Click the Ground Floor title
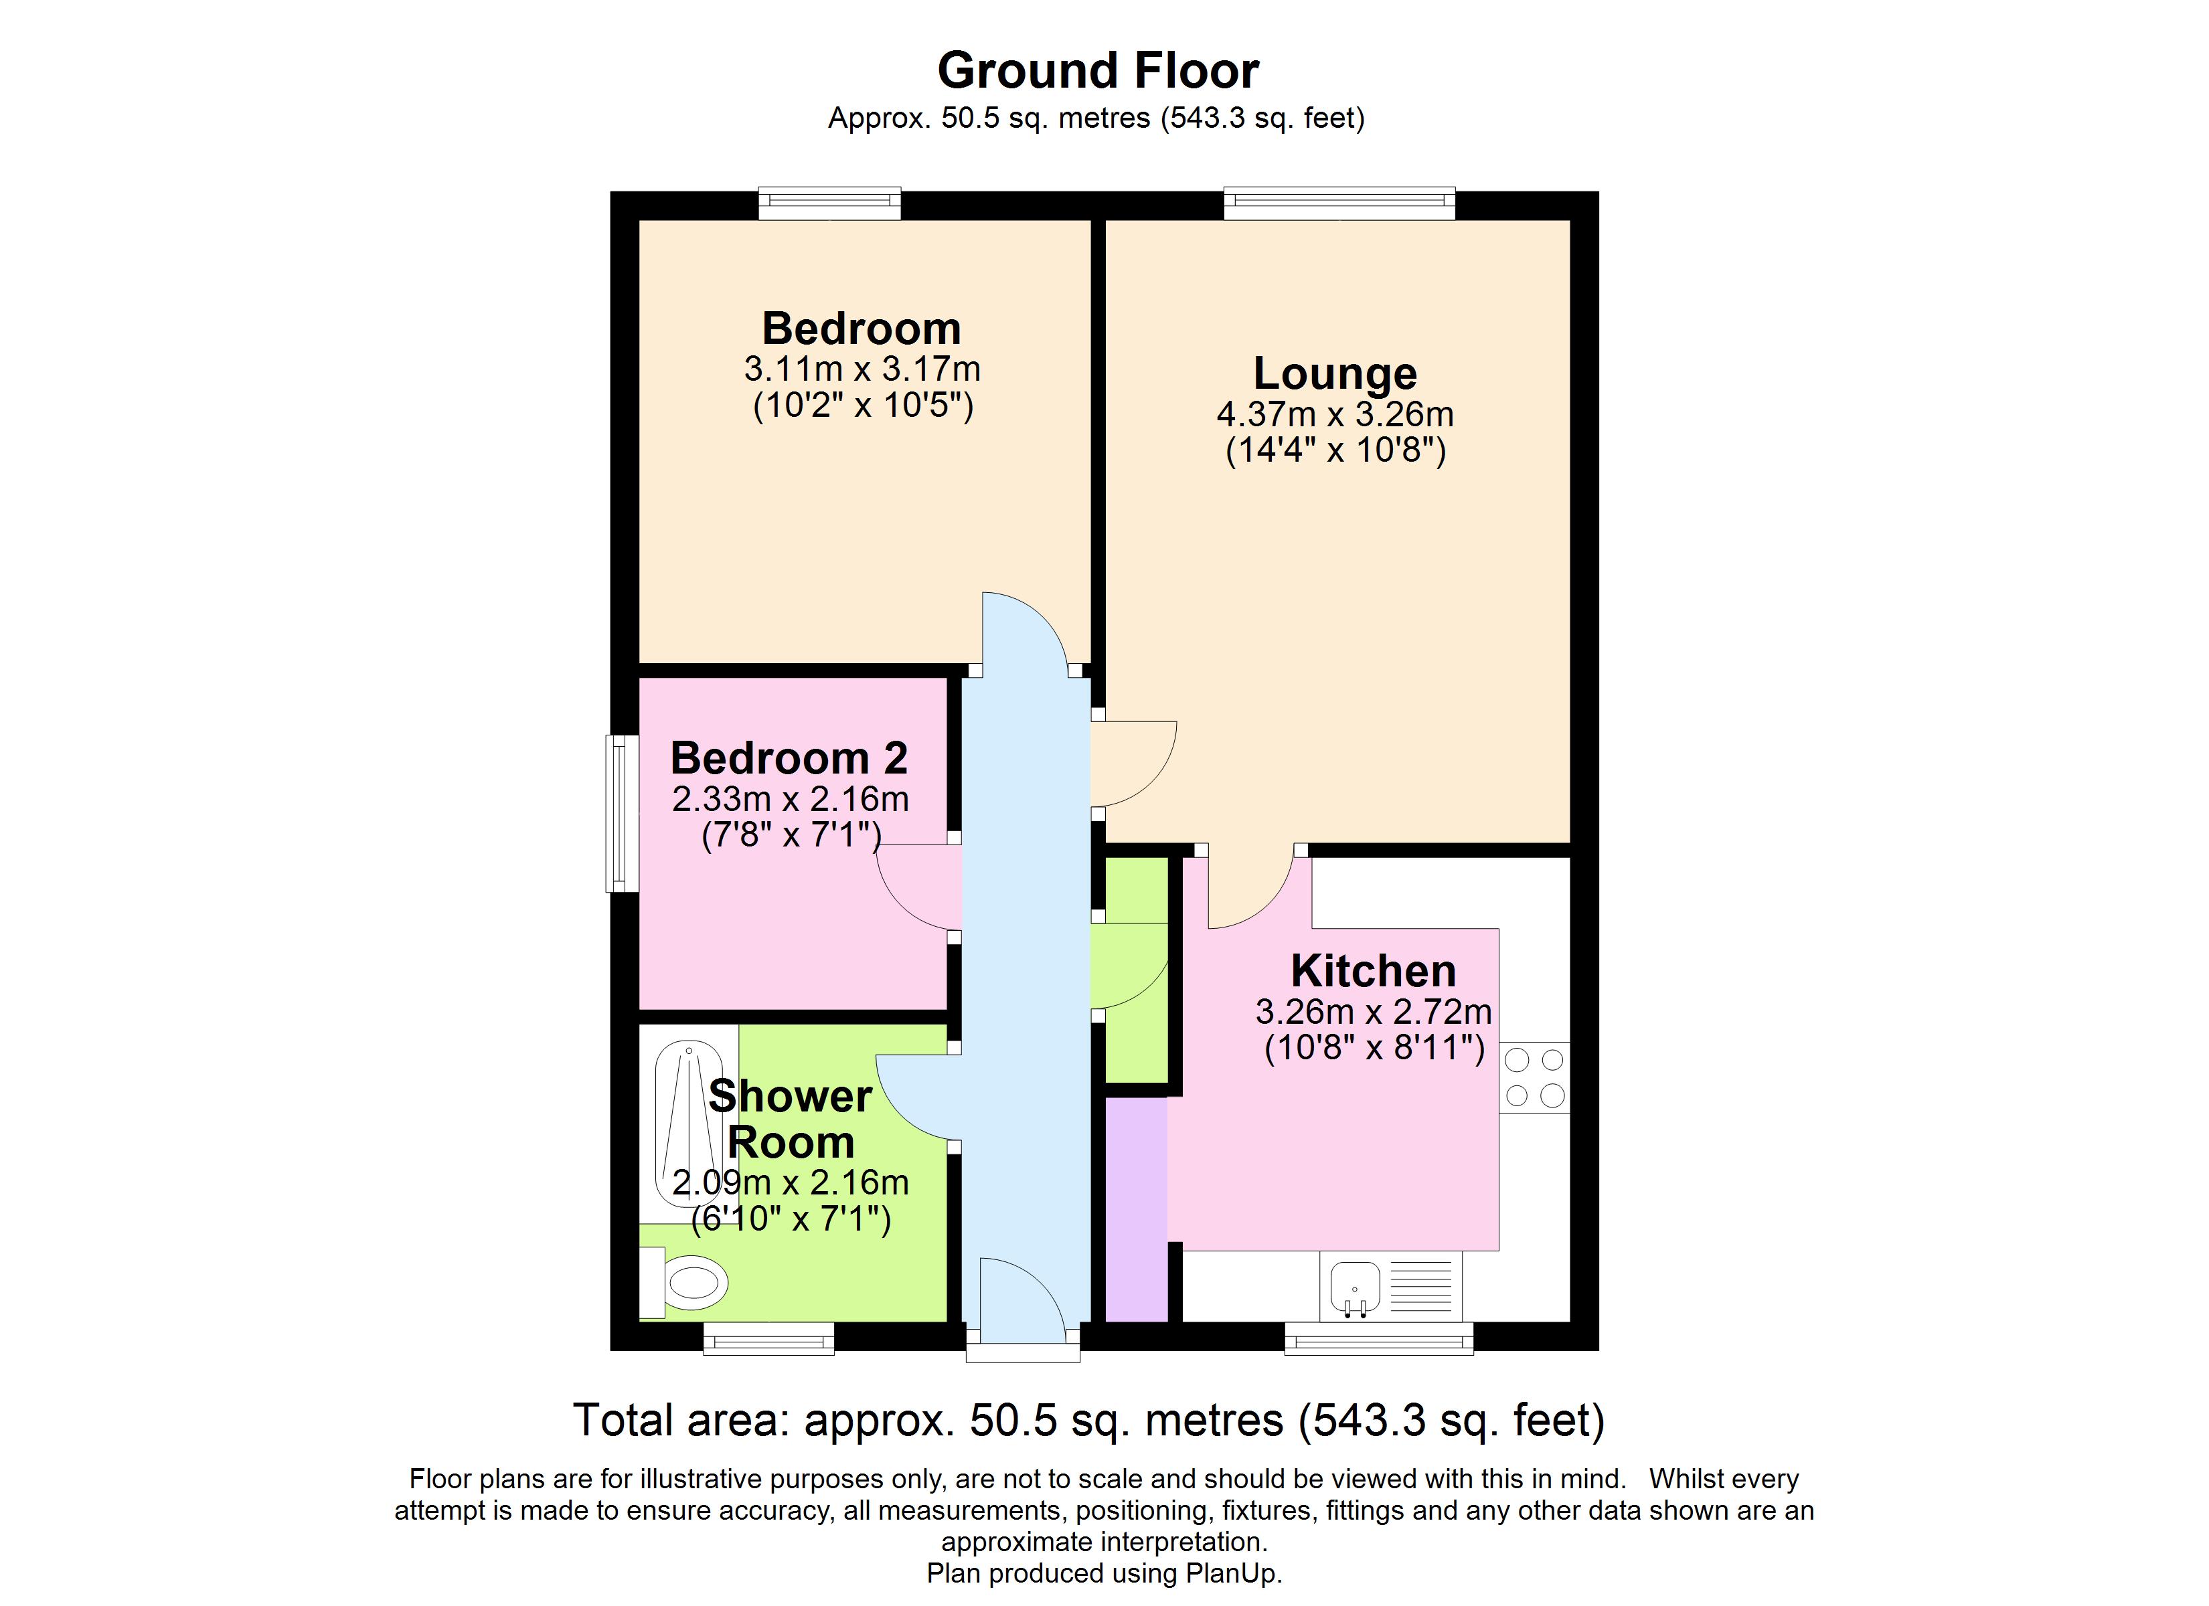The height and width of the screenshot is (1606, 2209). pos(1098,71)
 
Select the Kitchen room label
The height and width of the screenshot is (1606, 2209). pos(1374,971)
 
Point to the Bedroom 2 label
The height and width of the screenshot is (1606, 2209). pos(789,757)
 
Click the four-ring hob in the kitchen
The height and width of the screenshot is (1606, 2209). pos(1535,1077)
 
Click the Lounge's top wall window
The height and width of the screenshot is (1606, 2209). pos(1339,203)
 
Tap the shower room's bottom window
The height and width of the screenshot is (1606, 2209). pos(768,1338)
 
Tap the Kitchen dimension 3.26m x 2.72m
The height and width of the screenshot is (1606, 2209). pos(1374,1012)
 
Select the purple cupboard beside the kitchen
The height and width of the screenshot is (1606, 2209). pos(1137,1210)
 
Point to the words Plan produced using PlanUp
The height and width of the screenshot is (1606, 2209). pos(1104,1573)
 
